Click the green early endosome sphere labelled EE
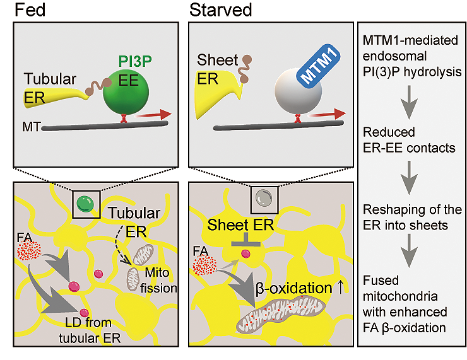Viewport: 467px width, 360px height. point(126,92)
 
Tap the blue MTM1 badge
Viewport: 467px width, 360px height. point(319,66)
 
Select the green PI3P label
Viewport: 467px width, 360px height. point(135,62)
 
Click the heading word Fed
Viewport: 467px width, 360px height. point(30,10)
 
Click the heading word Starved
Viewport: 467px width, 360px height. point(220,10)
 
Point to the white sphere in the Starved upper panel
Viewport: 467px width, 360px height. point(298,91)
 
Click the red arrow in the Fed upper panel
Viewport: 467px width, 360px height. point(153,115)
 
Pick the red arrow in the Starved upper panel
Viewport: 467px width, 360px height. point(327,114)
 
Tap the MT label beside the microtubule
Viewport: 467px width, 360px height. point(31,127)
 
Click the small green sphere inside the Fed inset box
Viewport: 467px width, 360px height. point(85,204)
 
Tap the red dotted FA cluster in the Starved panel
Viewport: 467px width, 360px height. point(204,265)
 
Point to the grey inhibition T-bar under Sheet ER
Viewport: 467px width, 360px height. point(246,240)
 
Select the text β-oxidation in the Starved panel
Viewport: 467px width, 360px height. point(293,288)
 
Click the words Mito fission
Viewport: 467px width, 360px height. point(158,281)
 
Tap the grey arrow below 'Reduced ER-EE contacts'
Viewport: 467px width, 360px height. point(409,178)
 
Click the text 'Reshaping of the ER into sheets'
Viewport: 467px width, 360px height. point(412,218)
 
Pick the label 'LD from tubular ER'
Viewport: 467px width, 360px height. point(90,330)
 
